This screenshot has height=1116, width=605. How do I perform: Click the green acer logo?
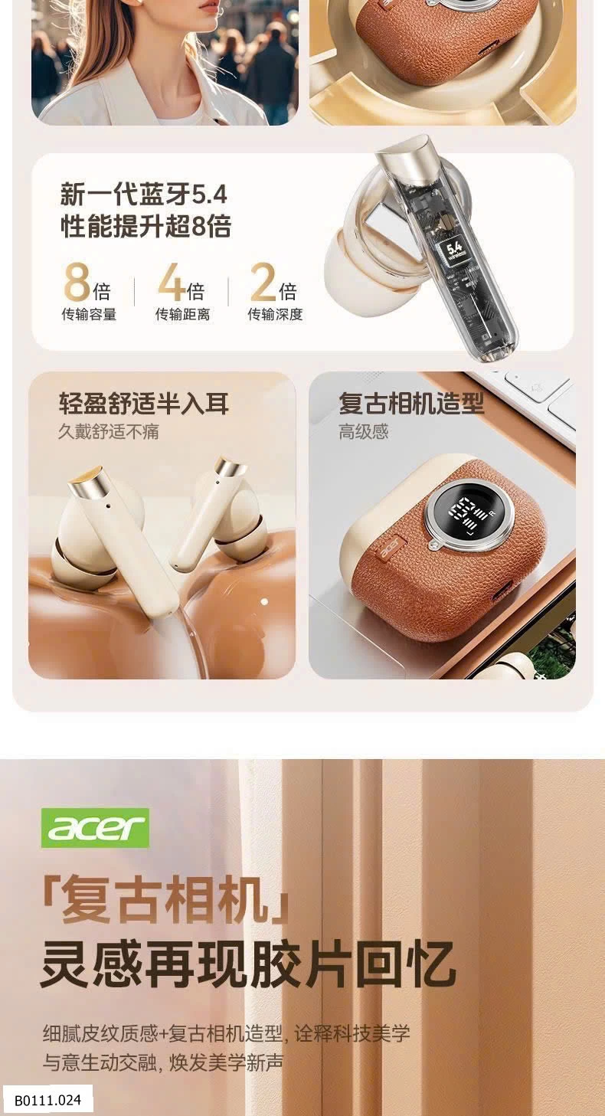point(95,827)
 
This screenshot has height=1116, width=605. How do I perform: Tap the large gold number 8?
point(77,283)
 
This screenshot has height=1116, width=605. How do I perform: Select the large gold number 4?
point(172,282)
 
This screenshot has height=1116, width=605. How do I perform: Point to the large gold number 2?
point(263,282)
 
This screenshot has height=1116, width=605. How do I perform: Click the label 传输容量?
point(89,314)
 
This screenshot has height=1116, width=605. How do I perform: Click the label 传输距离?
point(183,314)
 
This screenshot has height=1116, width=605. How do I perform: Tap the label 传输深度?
point(276,314)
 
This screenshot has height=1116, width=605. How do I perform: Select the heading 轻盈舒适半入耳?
point(144,404)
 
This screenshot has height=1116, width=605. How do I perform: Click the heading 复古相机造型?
point(411,403)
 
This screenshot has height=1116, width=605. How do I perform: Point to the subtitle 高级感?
point(364,431)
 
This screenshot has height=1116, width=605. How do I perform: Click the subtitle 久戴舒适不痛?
point(109,431)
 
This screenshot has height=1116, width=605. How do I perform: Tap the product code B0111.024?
point(47,1100)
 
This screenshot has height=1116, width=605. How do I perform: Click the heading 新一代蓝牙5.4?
point(143,194)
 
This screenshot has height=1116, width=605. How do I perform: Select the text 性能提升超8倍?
point(146,226)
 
